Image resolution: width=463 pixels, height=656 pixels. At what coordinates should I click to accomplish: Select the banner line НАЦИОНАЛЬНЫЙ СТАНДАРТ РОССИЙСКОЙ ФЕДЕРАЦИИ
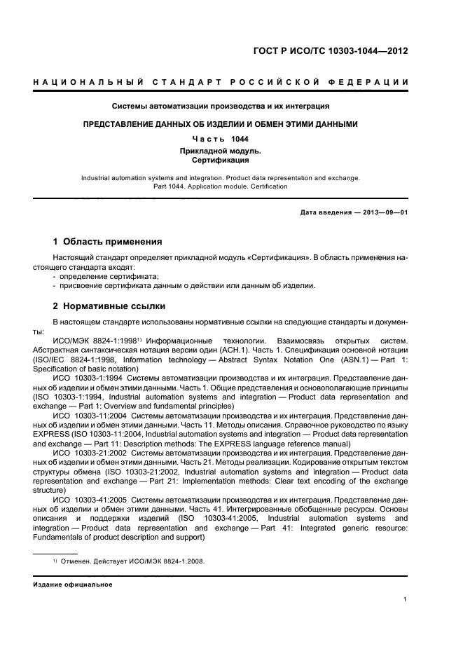[x=221, y=83]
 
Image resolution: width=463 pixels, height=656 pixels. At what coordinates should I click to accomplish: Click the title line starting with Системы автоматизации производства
[x=221, y=107]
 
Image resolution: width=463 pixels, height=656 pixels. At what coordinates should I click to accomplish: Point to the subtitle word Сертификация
[x=220, y=160]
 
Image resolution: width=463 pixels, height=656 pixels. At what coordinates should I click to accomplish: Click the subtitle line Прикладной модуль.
[x=220, y=150]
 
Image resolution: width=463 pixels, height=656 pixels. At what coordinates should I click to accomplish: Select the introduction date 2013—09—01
[x=384, y=212]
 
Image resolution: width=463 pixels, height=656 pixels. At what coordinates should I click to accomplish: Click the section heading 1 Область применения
[x=108, y=242]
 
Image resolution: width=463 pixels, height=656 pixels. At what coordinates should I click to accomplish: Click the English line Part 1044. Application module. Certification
[x=221, y=186]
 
